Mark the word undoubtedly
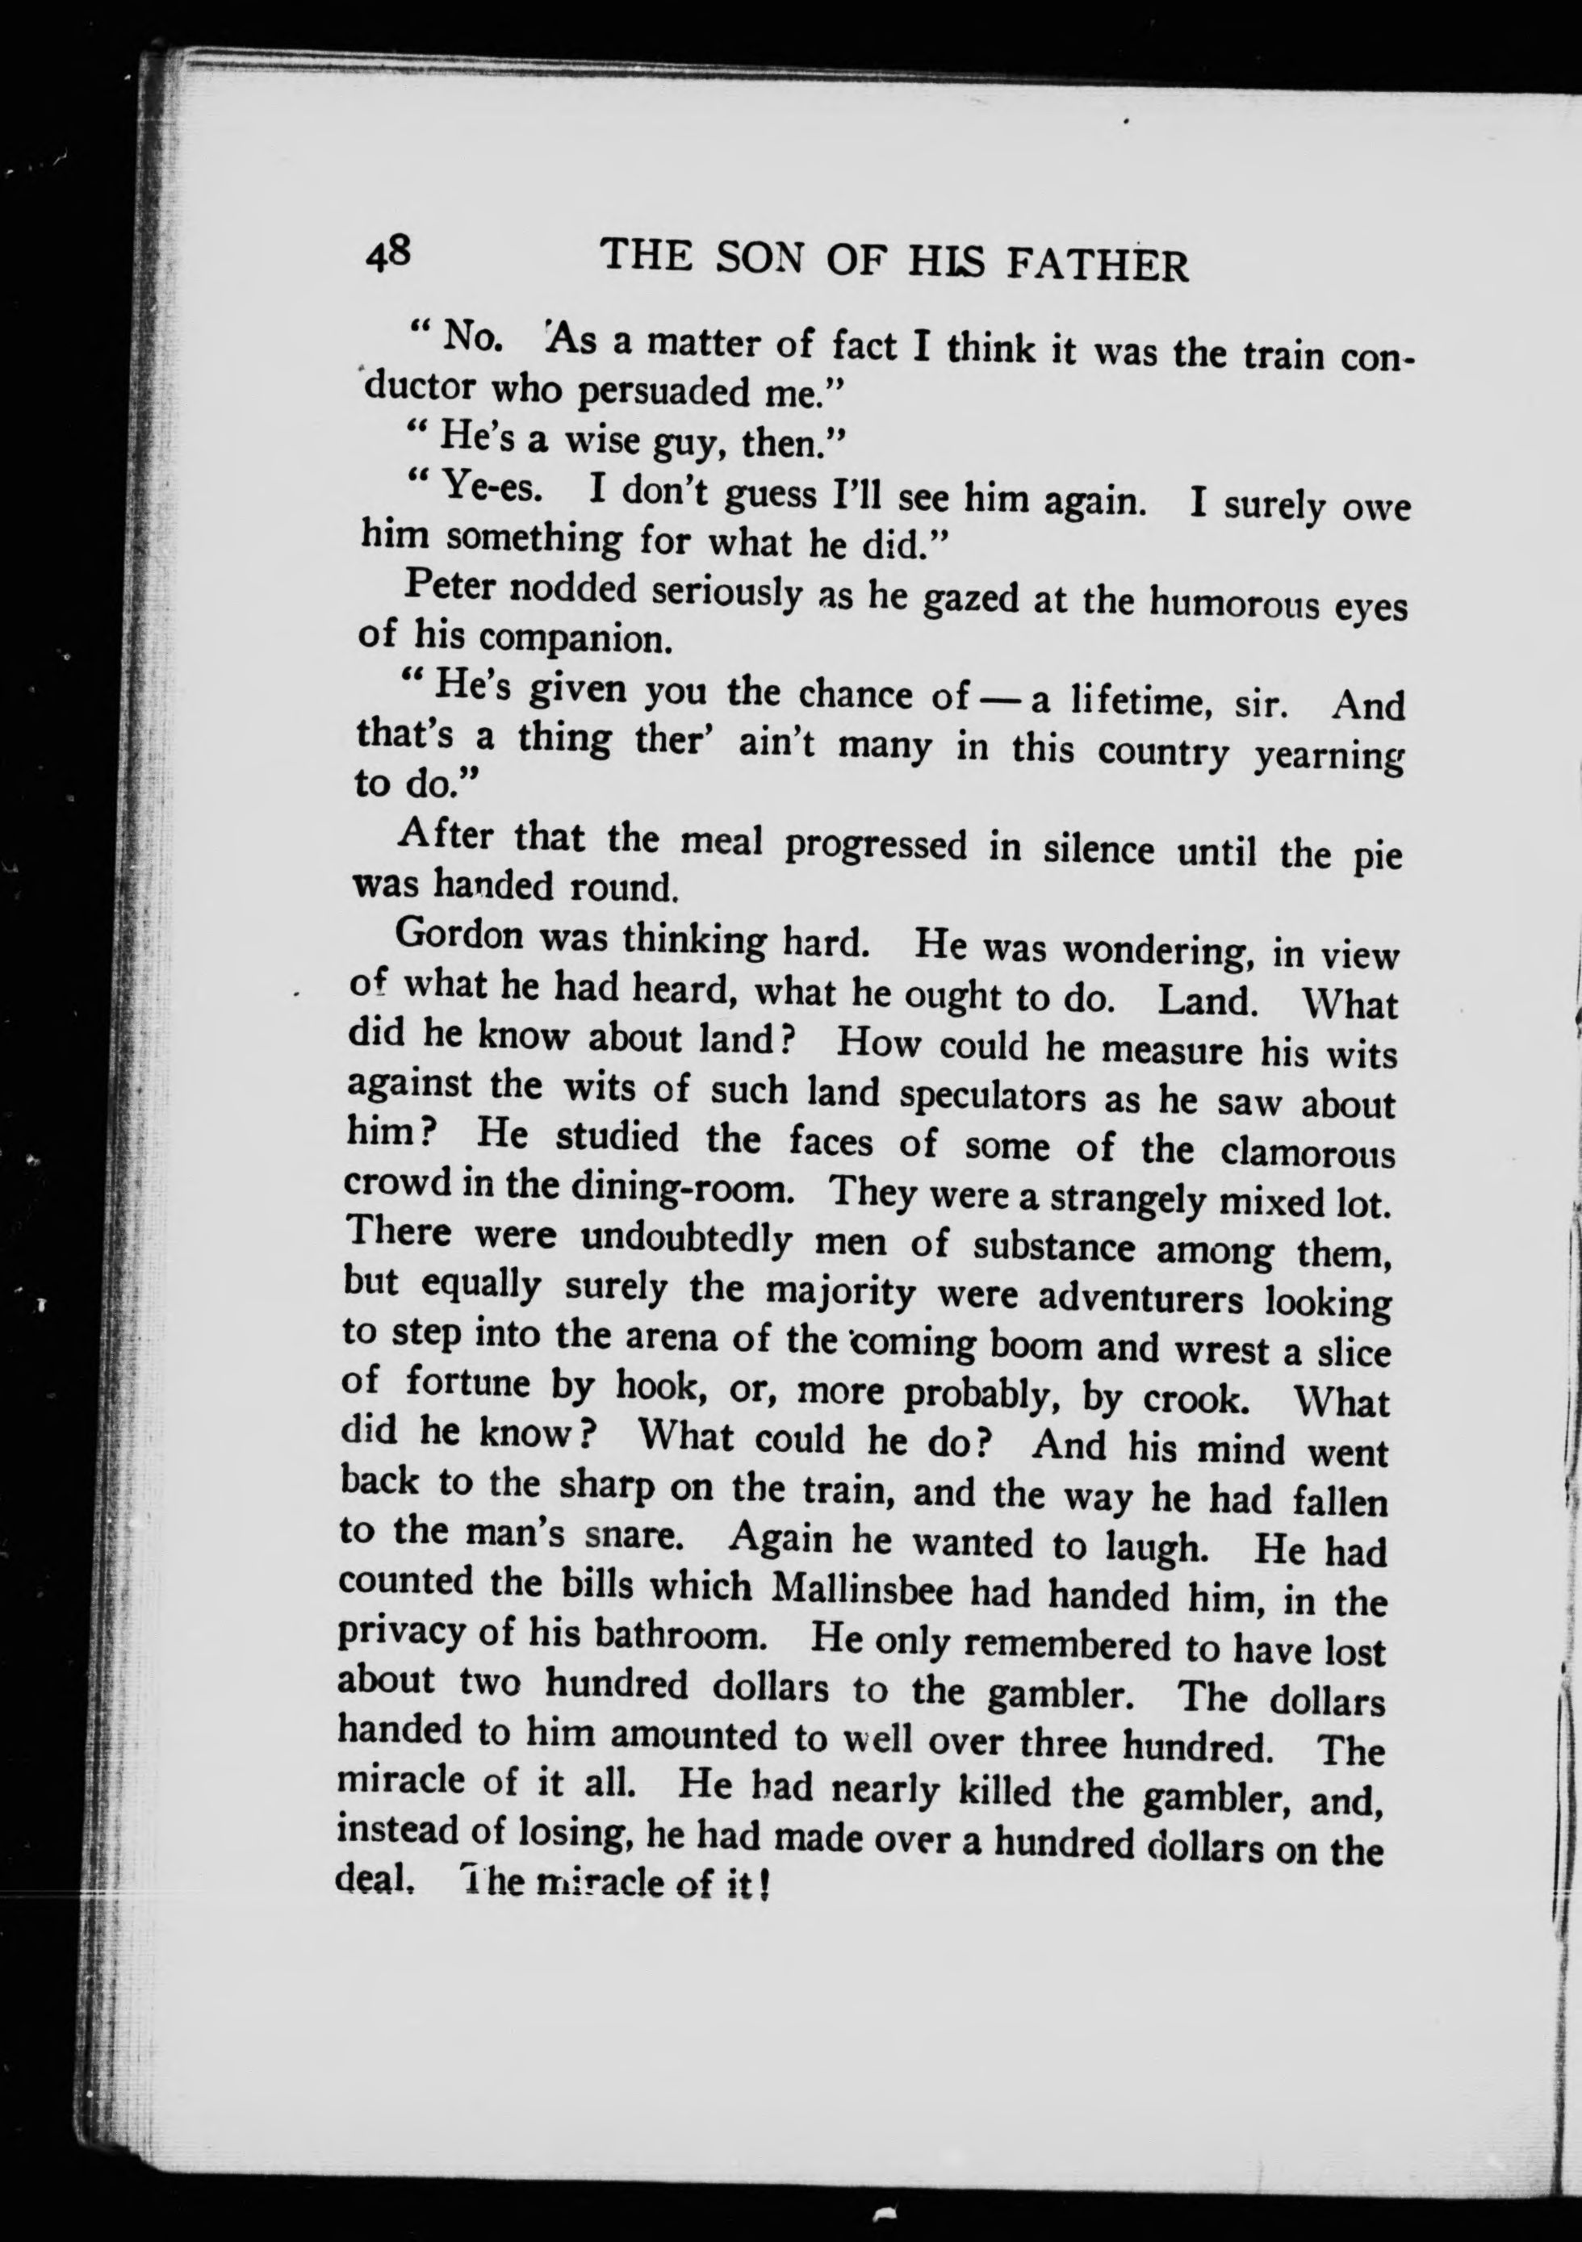685,1239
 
